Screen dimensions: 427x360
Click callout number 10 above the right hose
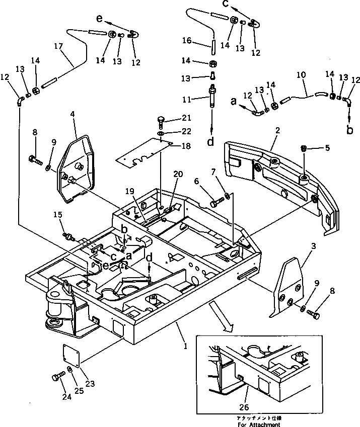coord(301,74)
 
